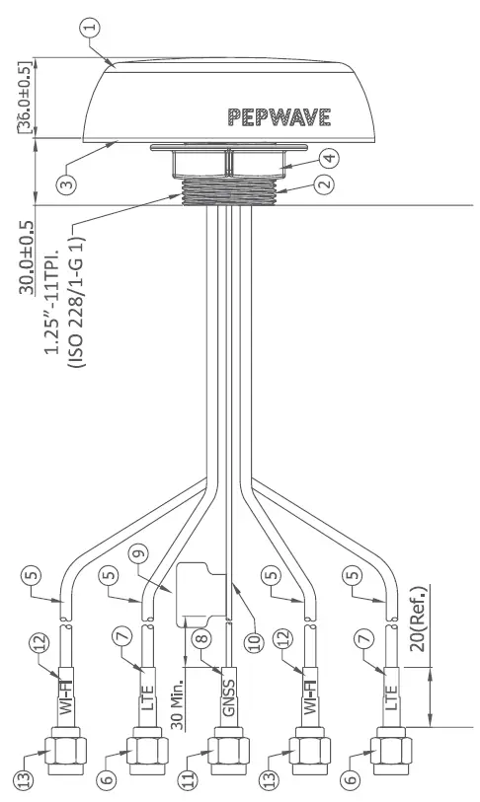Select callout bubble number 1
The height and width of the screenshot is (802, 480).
coord(92,28)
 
